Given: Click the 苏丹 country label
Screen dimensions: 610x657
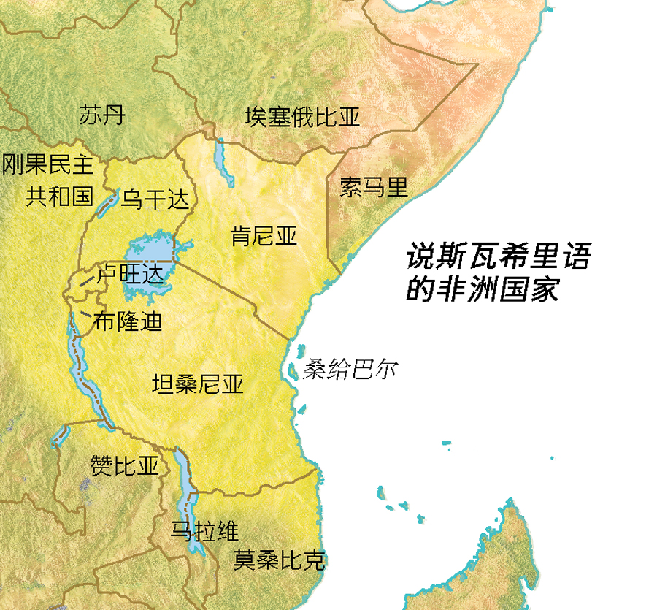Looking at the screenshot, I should [x=102, y=115].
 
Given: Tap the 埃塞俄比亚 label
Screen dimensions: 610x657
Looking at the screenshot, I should [x=302, y=117].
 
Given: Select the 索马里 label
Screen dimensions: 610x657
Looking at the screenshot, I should [x=374, y=187].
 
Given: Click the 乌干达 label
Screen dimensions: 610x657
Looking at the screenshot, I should [x=155, y=199].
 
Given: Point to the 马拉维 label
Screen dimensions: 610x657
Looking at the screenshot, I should [x=204, y=530].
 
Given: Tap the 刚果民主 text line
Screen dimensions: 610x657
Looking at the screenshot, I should [x=48, y=164].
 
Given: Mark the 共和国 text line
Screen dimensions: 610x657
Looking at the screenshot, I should [x=60, y=197].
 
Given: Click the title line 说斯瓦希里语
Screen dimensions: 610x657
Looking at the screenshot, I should [x=498, y=258].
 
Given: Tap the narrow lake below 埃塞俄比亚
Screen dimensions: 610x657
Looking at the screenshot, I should [x=222, y=161].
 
